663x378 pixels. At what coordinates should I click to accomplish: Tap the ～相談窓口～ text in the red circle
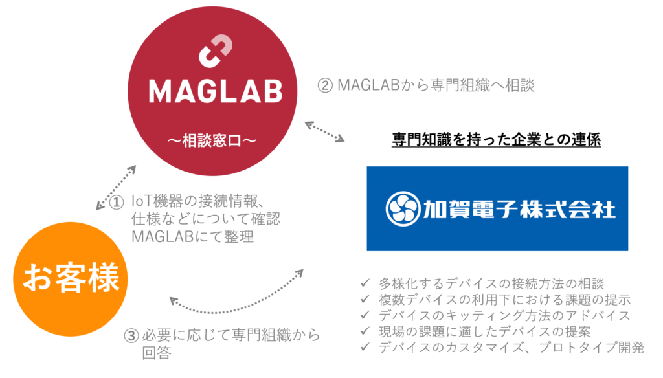click(214, 140)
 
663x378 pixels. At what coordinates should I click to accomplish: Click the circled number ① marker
click(117, 203)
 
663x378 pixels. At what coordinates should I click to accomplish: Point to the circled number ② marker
click(325, 85)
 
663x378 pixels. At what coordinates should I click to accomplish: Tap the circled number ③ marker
click(131, 335)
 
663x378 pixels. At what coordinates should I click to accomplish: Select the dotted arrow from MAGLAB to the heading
click(325, 131)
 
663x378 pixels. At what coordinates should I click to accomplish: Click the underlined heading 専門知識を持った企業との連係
click(497, 140)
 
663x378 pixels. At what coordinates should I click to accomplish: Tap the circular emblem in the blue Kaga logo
click(404, 209)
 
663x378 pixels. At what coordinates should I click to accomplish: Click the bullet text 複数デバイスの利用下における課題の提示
click(504, 300)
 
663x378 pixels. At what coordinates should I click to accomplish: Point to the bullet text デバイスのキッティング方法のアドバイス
click(504, 316)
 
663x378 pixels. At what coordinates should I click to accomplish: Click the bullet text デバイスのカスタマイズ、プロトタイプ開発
click(511, 348)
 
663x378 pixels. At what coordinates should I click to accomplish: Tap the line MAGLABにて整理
click(192, 238)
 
